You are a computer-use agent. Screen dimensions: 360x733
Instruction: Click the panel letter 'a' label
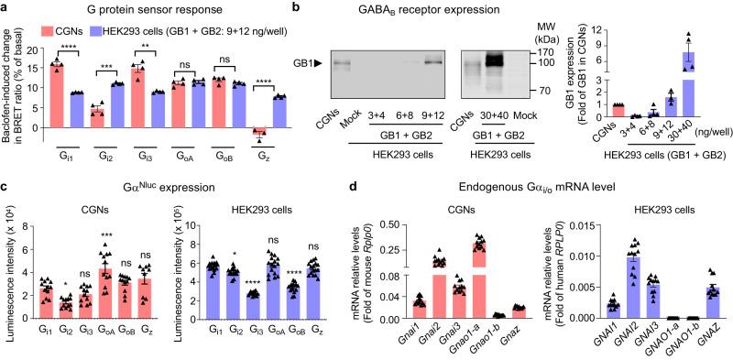[5, 9]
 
